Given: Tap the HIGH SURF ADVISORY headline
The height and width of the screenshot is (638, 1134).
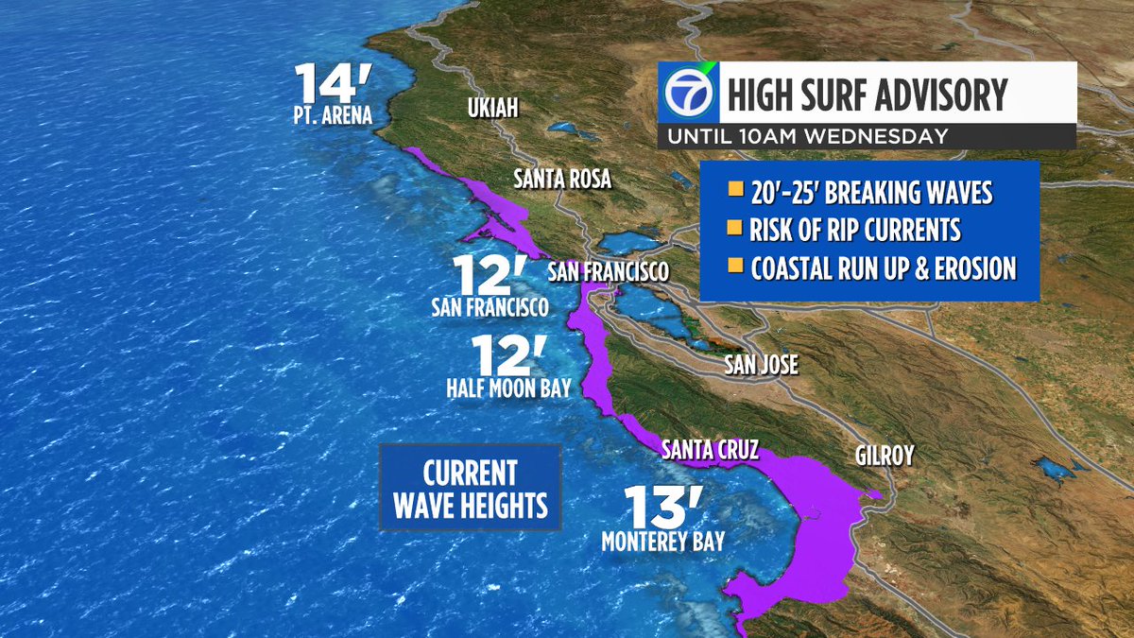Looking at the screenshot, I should (866, 95).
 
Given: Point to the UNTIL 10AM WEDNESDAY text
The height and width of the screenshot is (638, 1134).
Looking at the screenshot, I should (807, 136).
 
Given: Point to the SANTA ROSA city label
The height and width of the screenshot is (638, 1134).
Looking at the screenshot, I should (562, 180).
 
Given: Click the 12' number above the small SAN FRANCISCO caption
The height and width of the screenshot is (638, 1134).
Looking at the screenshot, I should (488, 275).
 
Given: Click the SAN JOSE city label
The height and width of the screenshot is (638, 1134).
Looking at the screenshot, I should (761, 364).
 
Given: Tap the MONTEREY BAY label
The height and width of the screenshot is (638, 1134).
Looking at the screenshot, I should (663, 542).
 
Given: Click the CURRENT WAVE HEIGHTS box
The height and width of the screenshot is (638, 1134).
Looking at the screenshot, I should (471, 489).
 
